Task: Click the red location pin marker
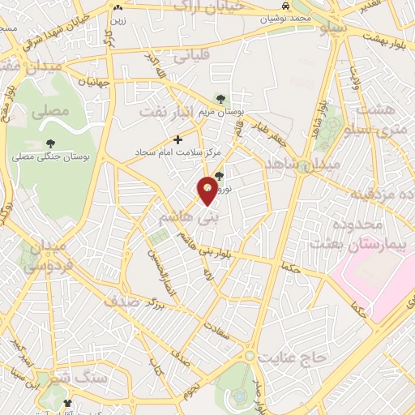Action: [x=208, y=189]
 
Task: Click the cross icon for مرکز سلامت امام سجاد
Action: [x=178, y=139]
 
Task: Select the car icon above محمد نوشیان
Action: [x=285, y=6]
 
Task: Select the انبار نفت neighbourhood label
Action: [x=166, y=110]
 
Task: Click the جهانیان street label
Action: [x=93, y=82]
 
